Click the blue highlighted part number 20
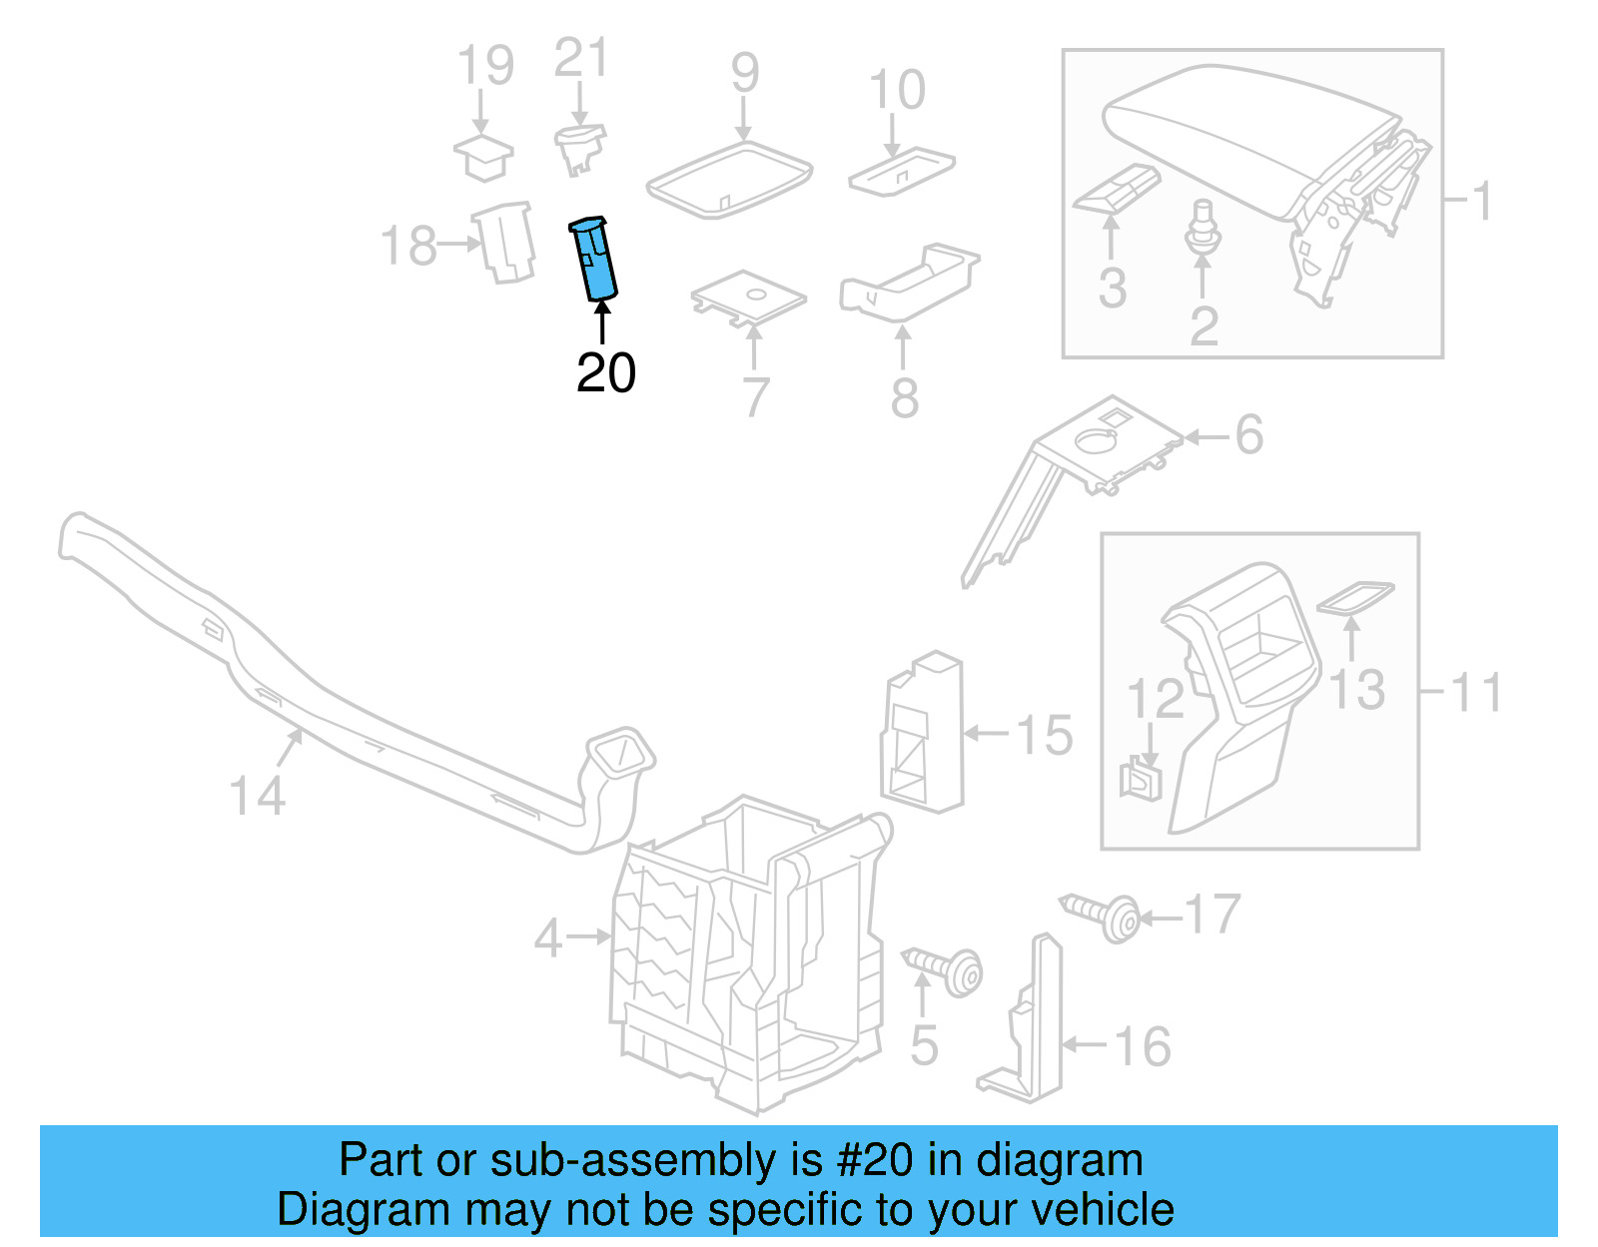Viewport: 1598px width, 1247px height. pyautogui.click(x=594, y=259)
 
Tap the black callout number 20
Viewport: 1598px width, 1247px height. pyautogui.click(x=605, y=374)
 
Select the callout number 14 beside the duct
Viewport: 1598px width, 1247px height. pyautogui.click(x=258, y=796)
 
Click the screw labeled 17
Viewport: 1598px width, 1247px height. pyautogui.click(x=1101, y=915)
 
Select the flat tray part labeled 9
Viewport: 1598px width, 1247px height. pyautogui.click(x=729, y=179)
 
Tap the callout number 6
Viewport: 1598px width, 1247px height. pyautogui.click(x=1248, y=434)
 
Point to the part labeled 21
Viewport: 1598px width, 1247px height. pyautogui.click(x=579, y=148)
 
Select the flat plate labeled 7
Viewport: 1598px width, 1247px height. pyautogui.click(x=748, y=298)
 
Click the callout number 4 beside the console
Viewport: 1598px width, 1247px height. pyautogui.click(x=548, y=938)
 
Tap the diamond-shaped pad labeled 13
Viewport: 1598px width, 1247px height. pyautogui.click(x=1355, y=597)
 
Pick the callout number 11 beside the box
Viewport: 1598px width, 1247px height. pyautogui.click(x=1475, y=692)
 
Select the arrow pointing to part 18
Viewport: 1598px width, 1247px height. pyautogui.click(x=460, y=244)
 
